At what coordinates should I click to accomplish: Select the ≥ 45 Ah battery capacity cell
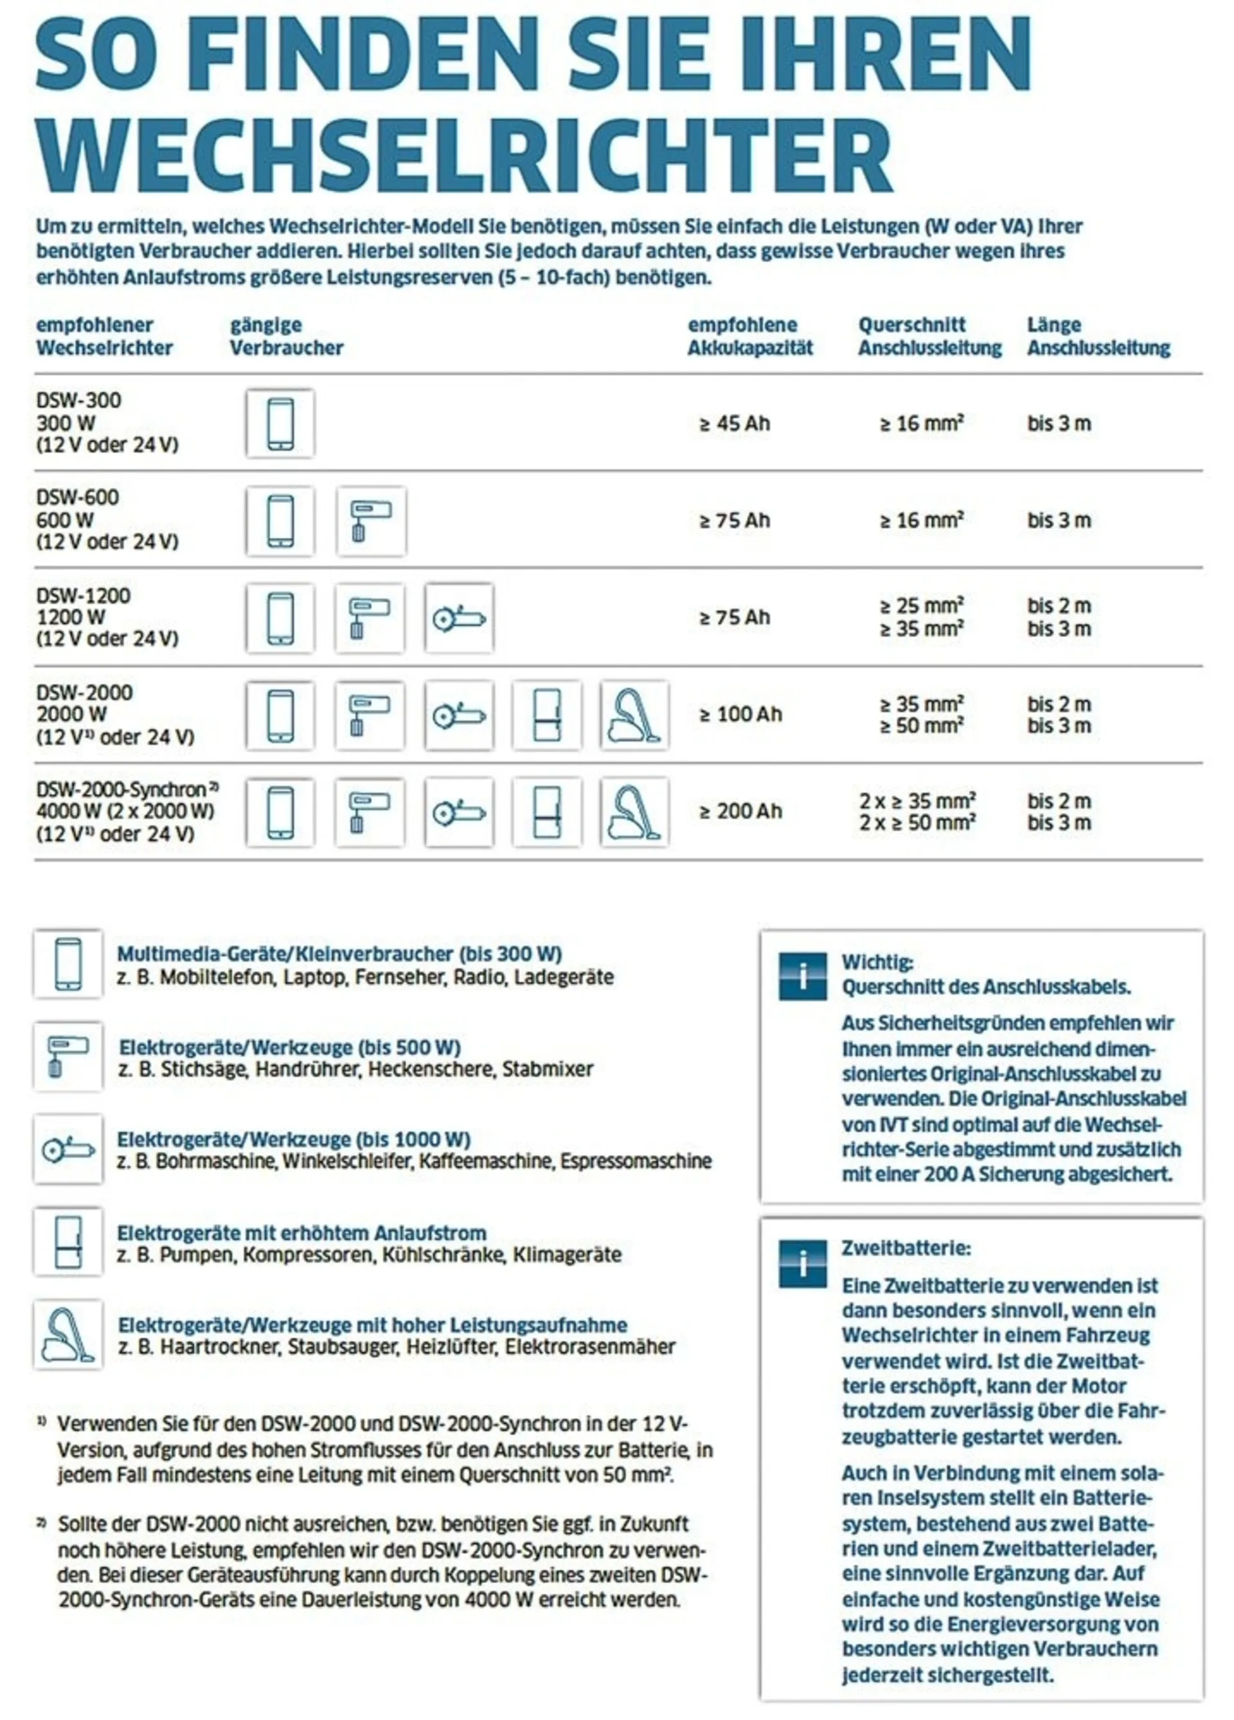[x=734, y=423]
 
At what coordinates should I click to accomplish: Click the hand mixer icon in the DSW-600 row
[x=371, y=522]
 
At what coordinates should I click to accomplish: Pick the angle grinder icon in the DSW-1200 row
[x=459, y=618]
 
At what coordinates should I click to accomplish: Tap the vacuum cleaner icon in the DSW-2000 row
[x=634, y=715]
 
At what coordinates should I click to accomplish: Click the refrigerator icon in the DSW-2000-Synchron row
[x=546, y=812]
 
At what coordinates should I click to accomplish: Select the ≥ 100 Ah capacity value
[x=740, y=715]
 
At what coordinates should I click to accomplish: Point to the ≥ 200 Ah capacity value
[x=740, y=812]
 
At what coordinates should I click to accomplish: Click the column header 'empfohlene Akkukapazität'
[x=749, y=336]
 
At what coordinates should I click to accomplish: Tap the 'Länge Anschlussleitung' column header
[x=1098, y=336]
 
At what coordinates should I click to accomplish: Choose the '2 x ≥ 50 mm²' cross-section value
[x=917, y=823]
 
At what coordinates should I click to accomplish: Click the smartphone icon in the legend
[x=68, y=964]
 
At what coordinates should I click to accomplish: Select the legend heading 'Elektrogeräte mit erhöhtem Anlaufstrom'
[x=301, y=1233]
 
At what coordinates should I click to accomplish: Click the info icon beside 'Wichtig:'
[x=803, y=976]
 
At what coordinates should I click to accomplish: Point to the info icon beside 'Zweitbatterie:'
[x=803, y=1263]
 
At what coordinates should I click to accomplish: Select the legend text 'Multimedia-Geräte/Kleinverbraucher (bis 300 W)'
[x=339, y=954]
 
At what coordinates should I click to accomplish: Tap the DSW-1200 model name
[x=84, y=596]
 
